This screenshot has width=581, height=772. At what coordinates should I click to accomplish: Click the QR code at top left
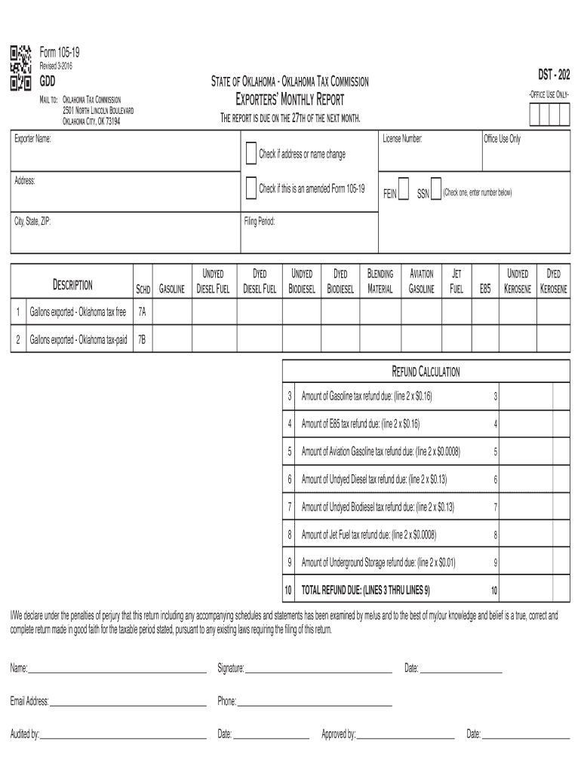(x=21, y=69)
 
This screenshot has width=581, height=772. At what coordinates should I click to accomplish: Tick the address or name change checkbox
(x=251, y=154)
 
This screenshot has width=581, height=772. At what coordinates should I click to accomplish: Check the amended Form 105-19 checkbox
(x=251, y=188)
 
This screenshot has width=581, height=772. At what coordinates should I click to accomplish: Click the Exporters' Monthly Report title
(x=290, y=100)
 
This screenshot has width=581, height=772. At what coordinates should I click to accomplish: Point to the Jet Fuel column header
(x=456, y=280)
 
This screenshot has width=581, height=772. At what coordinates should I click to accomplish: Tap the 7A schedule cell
(x=142, y=311)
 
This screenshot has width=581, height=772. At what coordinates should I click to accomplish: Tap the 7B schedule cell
(x=142, y=340)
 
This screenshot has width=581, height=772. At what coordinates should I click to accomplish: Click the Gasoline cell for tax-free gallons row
(x=172, y=311)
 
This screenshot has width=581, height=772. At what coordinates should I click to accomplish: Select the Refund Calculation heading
(x=425, y=372)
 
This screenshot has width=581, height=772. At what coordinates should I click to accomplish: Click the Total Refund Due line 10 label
(x=366, y=590)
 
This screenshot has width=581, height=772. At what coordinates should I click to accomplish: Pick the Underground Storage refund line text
(x=378, y=562)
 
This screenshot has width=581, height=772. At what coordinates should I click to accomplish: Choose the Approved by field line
(x=405, y=734)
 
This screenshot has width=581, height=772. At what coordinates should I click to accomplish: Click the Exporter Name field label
(x=32, y=139)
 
